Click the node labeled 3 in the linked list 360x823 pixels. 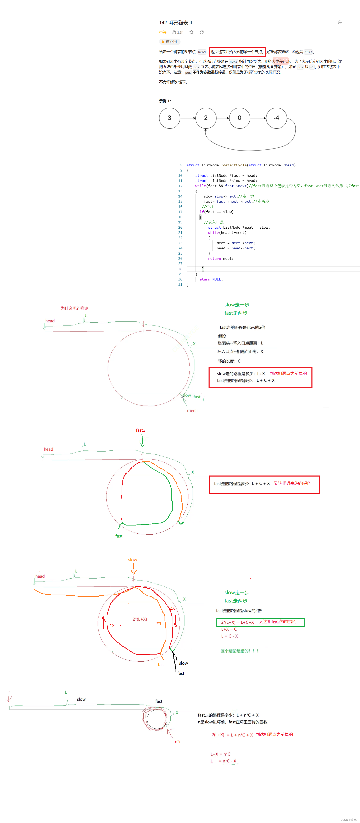tap(169, 118)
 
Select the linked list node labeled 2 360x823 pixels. tap(206, 118)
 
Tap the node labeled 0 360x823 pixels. tap(239, 118)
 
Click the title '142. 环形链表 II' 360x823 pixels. tap(175, 23)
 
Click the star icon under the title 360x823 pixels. tap(191, 32)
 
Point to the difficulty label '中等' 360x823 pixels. tap(163, 32)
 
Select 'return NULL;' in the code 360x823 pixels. tap(210, 279)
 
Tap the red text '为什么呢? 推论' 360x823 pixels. tap(74, 308)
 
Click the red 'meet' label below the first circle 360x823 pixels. tap(192, 411)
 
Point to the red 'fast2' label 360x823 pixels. tap(140, 430)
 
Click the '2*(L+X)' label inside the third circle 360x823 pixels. tap(140, 619)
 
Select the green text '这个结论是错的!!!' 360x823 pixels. tap(240, 651)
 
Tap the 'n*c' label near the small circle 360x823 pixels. tap(178, 741)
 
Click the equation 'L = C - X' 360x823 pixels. tap(229, 636)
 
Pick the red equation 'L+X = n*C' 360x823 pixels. tap(220, 754)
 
